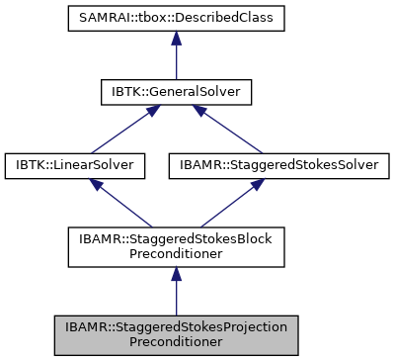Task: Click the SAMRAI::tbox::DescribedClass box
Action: (175, 19)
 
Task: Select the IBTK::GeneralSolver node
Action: (175, 93)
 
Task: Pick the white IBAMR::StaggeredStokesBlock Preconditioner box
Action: (175, 246)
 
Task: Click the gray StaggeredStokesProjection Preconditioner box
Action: (175, 334)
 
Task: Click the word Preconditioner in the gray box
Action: (175, 342)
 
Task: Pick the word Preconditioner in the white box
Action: (175, 254)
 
